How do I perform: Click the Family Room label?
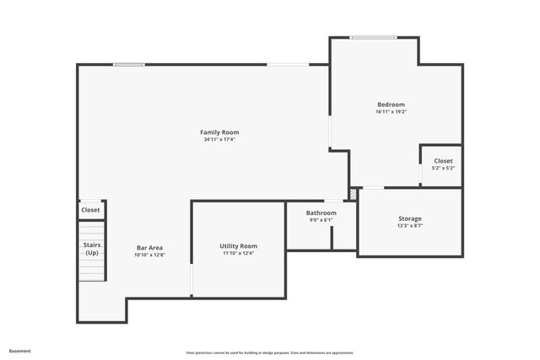click(x=219, y=132)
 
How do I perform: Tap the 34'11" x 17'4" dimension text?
click(x=219, y=140)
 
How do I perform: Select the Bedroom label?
click(x=391, y=105)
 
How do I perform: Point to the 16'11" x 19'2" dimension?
click(x=391, y=112)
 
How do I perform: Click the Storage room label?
click(x=410, y=218)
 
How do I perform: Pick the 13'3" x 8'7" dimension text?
click(x=410, y=226)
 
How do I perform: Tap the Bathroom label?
click(x=321, y=213)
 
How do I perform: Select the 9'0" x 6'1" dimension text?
click(x=321, y=221)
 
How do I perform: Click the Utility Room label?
click(x=238, y=245)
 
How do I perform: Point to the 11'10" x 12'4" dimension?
click(x=238, y=253)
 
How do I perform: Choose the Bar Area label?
click(x=149, y=247)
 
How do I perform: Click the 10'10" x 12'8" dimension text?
click(x=149, y=255)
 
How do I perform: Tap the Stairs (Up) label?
click(x=91, y=249)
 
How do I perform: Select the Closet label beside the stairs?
click(x=90, y=210)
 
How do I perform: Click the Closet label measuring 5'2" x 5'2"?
click(x=443, y=160)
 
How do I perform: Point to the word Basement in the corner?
click(x=20, y=351)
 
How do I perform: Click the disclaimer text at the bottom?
click(x=270, y=352)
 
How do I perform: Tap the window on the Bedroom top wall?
click(x=374, y=37)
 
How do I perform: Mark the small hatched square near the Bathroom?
click(x=354, y=195)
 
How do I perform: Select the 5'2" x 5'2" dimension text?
click(x=443, y=168)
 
